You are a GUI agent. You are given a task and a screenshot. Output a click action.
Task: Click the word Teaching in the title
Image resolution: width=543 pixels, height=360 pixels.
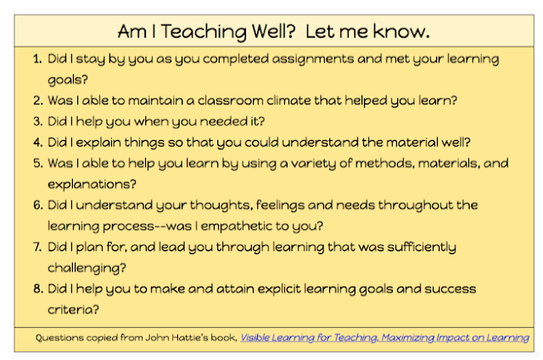(x=204, y=32)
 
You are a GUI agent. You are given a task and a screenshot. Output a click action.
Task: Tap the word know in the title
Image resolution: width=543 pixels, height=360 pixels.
(x=401, y=31)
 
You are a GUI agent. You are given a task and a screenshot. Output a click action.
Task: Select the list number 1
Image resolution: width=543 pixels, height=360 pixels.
(x=37, y=59)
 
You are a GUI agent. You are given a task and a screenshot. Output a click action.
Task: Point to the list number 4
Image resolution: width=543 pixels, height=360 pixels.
(x=37, y=143)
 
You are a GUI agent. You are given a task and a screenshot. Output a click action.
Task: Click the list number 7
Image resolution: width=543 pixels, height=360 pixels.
(x=37, y=247)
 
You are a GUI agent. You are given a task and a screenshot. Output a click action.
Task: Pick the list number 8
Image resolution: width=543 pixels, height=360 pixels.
(x=37, y=289)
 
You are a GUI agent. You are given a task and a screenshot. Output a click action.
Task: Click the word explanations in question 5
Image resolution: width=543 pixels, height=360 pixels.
(x=92, y=185)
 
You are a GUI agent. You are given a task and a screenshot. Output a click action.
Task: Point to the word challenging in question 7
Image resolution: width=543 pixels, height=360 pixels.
(x=87, y=268)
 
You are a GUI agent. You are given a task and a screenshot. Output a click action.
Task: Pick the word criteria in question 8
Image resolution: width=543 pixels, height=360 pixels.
(x=73, y=310)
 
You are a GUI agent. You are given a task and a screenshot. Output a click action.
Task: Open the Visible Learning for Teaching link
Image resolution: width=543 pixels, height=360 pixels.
(x=384, y=338)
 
